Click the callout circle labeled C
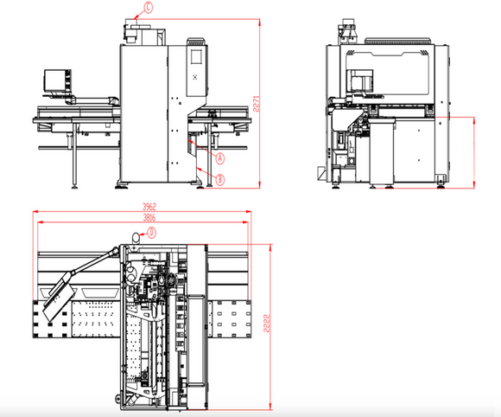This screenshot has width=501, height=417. [148, 9]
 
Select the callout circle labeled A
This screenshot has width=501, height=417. [219, 158]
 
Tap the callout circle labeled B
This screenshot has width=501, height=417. [220, 179]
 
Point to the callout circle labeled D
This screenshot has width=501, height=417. [150, 232]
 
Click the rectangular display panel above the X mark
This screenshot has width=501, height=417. [194, 57]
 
